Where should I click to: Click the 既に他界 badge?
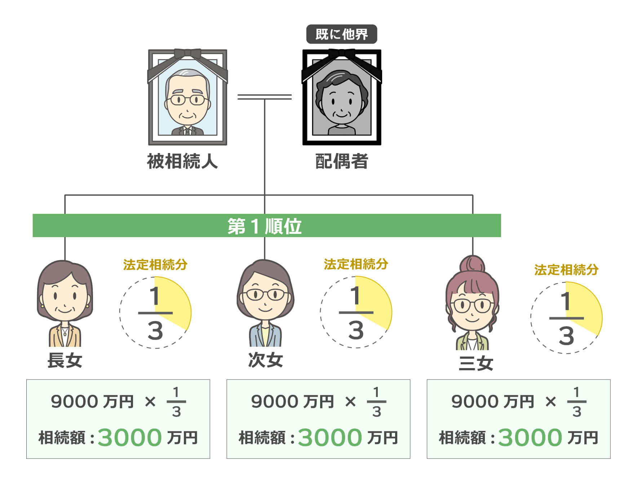point(341,34)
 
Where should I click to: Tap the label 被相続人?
point(182,161)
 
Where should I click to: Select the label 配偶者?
point(341,161)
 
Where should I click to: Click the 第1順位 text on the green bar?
point(265,226)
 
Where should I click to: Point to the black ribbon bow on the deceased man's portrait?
point(187,54)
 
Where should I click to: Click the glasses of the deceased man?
point(187,99)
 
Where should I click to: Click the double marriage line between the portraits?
point(264,97)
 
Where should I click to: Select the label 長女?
point(65,360)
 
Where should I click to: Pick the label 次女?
point(265,360)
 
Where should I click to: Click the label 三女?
point(475,363)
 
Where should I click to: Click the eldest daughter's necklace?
point(65,331)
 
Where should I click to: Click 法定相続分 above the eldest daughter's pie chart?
point(155,265)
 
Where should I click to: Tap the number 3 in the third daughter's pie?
point(566,336)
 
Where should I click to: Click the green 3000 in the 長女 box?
point(129,437)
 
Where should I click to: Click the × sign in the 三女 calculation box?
point(550,401)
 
